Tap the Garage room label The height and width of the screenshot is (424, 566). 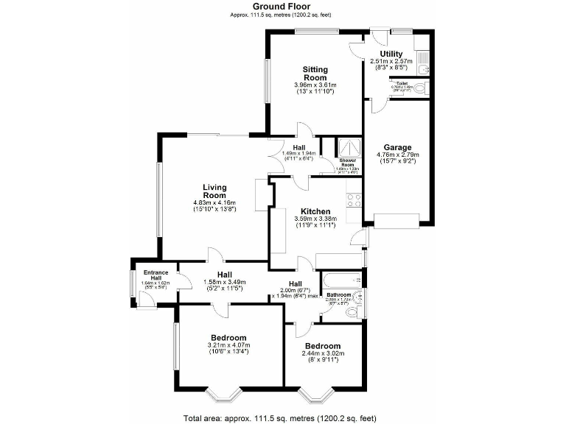tap(398, 147)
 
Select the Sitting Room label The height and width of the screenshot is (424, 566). tap(315, 73)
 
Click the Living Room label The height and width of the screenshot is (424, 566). tap(214, 191)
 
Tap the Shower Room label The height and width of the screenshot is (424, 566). tap(346, 163)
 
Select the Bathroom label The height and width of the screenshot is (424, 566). tap(338, 295)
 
